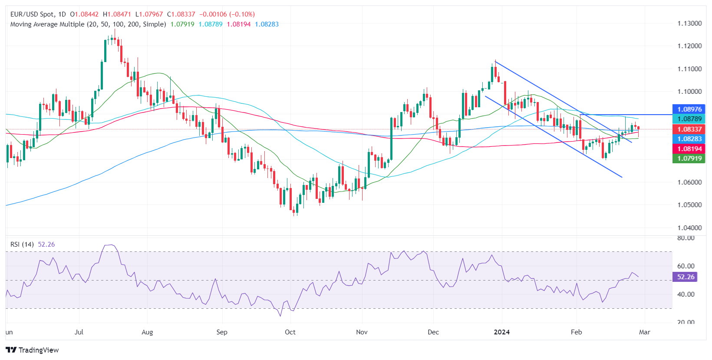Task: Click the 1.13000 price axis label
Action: (x=689, y=23)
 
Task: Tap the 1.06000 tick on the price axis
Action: (x=689, y=182)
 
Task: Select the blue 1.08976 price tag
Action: (x=689, y=109)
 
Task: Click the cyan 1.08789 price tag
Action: (x=689, y=119)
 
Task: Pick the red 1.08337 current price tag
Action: (x=689, y=129)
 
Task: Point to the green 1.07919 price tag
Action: (x=689, y=159)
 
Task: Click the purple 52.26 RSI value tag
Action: (x=685, y=277)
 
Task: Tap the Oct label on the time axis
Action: (x=290, y=332)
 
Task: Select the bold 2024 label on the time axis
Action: (x=502, y=332)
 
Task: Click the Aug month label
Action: (x=147, y=332)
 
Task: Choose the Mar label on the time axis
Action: (x=645, y=332)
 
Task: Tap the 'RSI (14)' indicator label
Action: (x=22, y=244)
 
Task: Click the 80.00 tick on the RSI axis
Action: (x=686, y=238)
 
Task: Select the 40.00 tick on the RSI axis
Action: (x=686, y=294)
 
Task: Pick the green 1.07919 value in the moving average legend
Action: (x=182, y=24)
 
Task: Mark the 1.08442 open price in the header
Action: (x=86, y=14)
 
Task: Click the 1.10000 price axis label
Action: (x=689, y=92)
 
